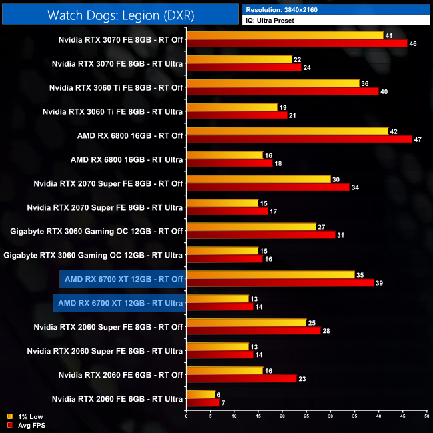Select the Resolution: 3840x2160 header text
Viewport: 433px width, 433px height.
click(x=287, y=9)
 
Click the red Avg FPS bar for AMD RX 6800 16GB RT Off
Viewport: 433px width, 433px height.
click(x=299, y=139)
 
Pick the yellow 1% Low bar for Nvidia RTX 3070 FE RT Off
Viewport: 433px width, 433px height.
click(x=285, y=35)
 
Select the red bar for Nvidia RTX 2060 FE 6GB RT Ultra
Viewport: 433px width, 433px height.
click(x=203, y=403)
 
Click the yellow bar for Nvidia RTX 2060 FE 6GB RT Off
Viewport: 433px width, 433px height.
click(x=224, y=371)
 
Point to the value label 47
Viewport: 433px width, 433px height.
click(x=418, y=139)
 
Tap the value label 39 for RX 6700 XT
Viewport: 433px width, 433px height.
click(x=379, y=283)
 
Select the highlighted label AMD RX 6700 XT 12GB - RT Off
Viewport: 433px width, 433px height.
click(x=121, y=278)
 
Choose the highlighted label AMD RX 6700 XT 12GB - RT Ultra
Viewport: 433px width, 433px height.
click(x=120, y=303)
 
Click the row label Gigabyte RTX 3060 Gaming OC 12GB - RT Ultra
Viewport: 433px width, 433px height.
click(x=93, y=255)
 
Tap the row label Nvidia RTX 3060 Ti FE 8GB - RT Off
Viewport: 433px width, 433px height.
click(x=116, y=87)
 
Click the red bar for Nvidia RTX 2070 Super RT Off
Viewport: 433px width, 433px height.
click(x=268, y=187)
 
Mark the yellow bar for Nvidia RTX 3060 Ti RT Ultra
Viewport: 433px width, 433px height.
click(x=232, y=107)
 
